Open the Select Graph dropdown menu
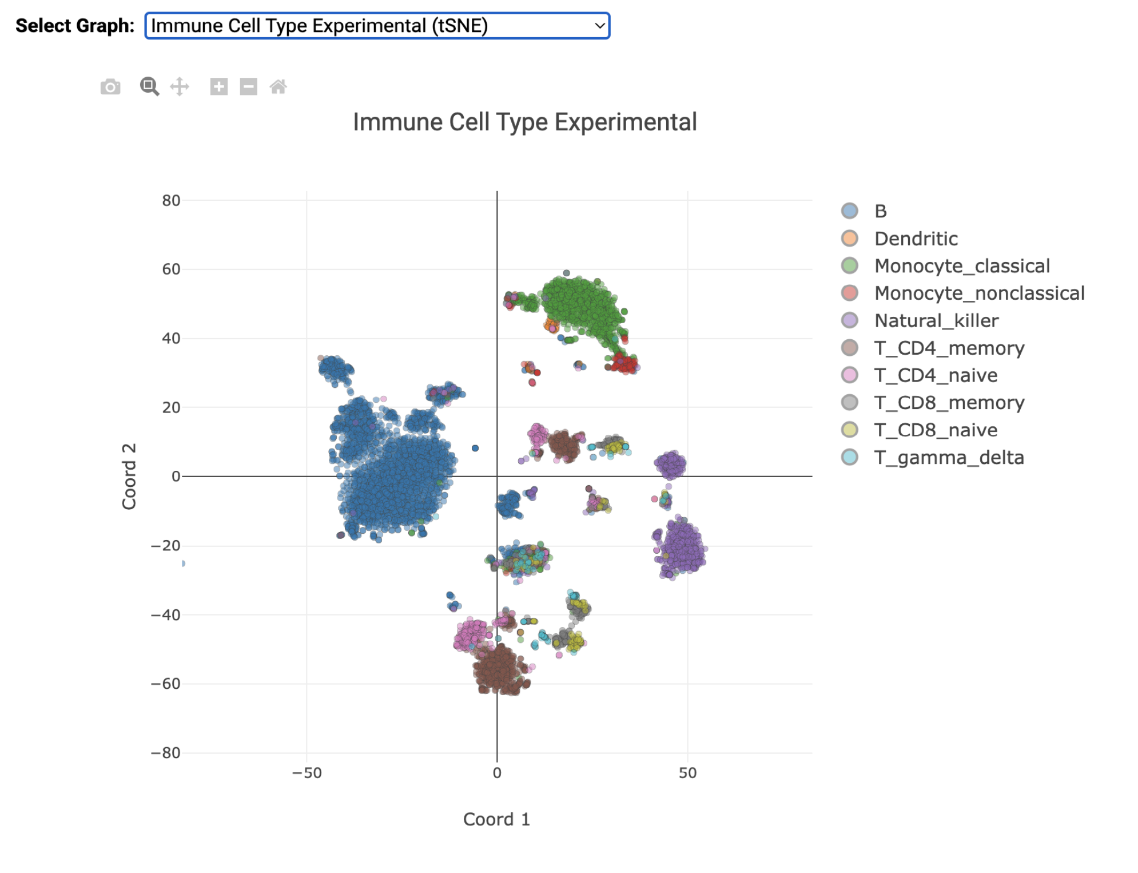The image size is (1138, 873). pyautogui.click(x=377, y=26)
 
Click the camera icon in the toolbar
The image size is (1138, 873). pyautogui.click(x=110, y=87)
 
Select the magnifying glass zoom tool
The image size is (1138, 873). pyautogui.click(x=149, y=87)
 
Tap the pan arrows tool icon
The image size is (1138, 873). pyautogui.click(x=180, y=87)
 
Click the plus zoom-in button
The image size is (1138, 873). pyautogui.click(x=218, y=87)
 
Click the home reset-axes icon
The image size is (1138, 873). pyautogui.click(x=278, y=87)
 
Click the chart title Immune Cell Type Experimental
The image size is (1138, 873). pyautogui.click(x=524, y=122)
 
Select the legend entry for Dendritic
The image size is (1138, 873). pyautogui.click(x=916, y=239)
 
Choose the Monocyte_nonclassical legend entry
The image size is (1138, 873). pyautogui.click(x=979, y=293)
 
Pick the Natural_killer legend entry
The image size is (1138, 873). pyautogui.click(x=936, y=320)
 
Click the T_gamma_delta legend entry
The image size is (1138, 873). pyautogui.click(x=949, y=458)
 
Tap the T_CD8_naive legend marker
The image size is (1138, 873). pyautogui.click(x=850, y=430)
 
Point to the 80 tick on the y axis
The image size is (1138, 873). pyautogui.click(x=171, y=200)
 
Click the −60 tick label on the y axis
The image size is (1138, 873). pyautogui.click(x=166, y=684)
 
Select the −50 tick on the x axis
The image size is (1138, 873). pyautogui.click(x=307, y=773)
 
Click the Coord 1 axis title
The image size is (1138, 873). pyautogui.click(x=496, y=819)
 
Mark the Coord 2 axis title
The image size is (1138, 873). pyautogui.click(x=129, y=476)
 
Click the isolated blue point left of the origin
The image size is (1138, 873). pyautogui.click(x=475, y=448)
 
